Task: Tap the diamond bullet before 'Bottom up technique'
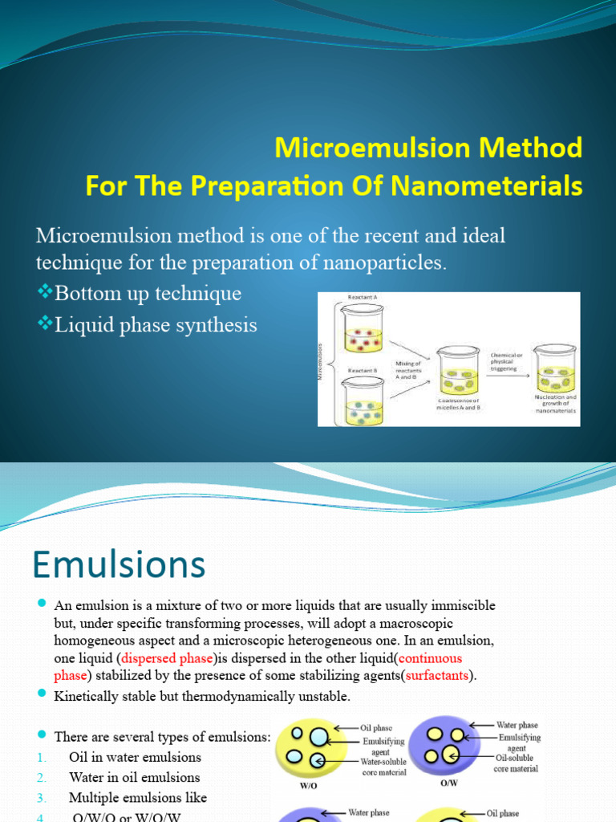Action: click(x=43, y=293)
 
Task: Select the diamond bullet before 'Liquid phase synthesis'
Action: click(x=43, y=324)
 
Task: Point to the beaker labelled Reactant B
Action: click(x=363, y=402)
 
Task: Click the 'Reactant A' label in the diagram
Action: click(x=362, y=297)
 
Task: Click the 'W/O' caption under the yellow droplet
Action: click(x=308, y=786)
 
